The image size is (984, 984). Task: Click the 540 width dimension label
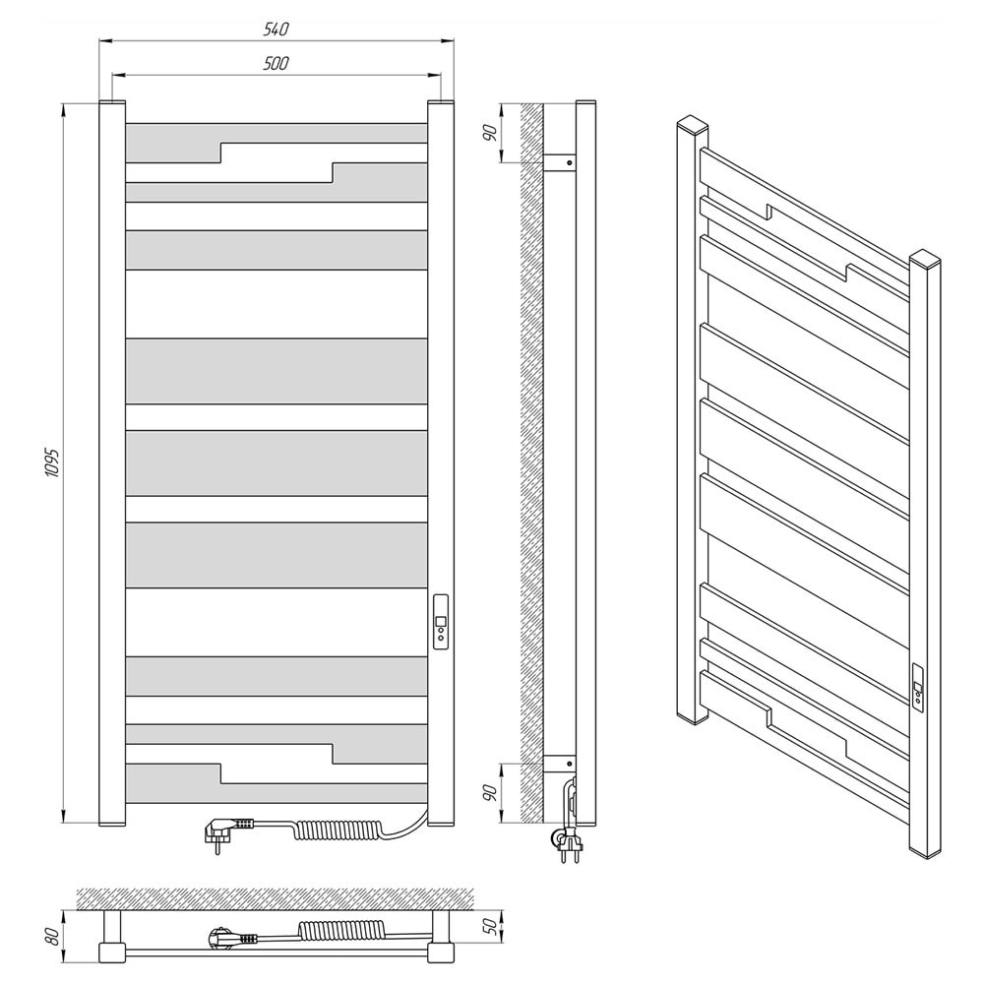277,29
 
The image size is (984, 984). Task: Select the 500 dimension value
277,63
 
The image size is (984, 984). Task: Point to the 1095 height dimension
53,463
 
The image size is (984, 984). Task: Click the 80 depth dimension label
53,937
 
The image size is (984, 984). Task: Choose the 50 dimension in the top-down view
495,926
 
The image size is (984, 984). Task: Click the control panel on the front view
441,622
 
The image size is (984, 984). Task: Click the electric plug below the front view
228,830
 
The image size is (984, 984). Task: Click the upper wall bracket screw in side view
569,162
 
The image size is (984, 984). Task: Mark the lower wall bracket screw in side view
569,764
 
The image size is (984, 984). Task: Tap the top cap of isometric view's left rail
692,124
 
